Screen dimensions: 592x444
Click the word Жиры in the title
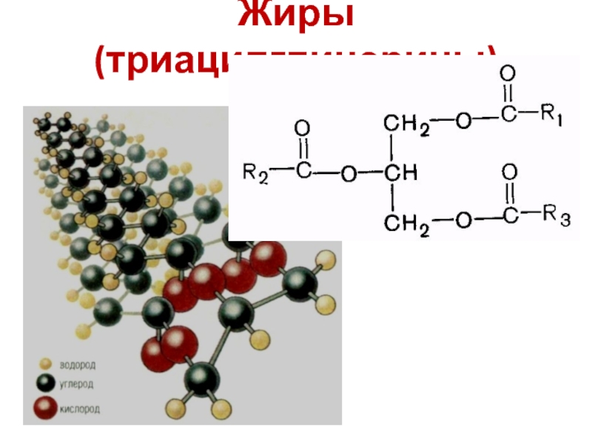pyautogui.click(x=296, y=16)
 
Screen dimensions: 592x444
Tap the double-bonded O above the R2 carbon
pyautogui.click(x=302, y=129)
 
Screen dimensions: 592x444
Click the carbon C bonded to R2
pyautogui.click(x=303, y=174)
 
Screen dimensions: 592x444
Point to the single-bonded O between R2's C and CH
pyautogui.click(x=348, y=175)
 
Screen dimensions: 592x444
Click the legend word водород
pyautogui.click(x=79, y=365)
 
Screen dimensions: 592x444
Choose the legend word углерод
pyautogui.click(x=78, y=385)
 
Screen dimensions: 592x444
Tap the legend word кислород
pyautogui.click(x=81, y=408)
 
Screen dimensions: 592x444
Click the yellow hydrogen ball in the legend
pyautogui.click(x=46, y=364)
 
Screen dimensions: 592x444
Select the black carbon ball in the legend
pyautogui.click(x=46, y=384)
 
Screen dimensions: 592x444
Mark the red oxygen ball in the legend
pyautogui.click(x=46, y=407)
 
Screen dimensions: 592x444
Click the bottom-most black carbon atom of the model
pyautogui.click(x=201, y=380)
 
